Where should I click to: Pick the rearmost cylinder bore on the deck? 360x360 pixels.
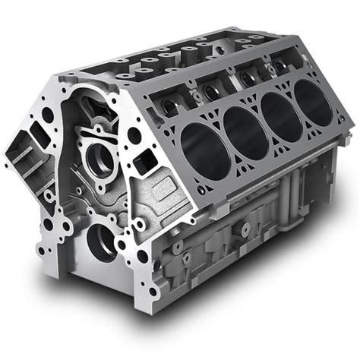pyautogui.click(x=314, y=99)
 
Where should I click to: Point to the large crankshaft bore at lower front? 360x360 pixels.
pyautogui.click(x=101, y=241)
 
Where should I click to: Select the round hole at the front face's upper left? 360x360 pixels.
pyautogui.click(x=48, y=115)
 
